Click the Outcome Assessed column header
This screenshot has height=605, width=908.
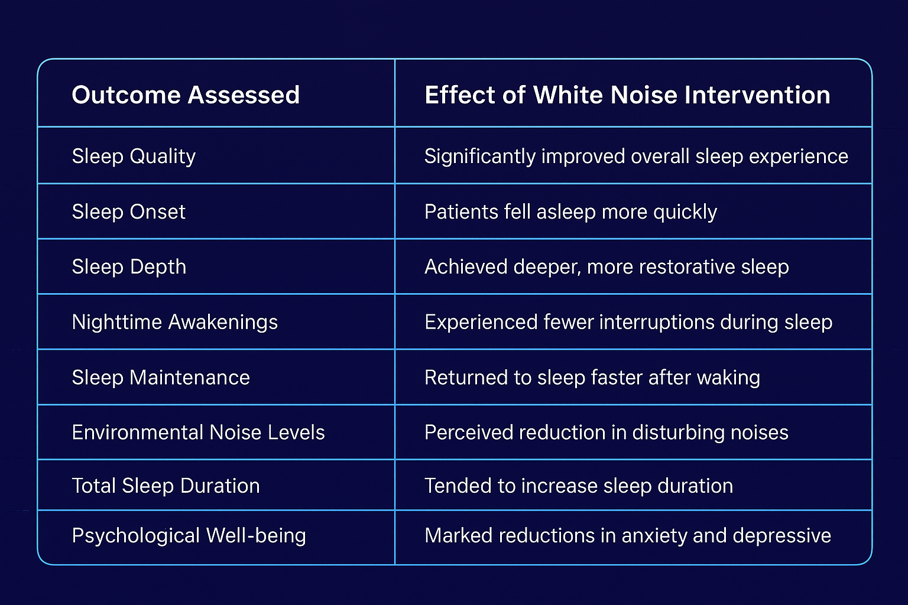186,95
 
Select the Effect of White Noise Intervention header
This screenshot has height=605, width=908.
627,95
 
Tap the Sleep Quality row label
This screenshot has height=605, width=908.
134,156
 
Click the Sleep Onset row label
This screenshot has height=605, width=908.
129,212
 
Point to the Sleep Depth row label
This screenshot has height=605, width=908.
129,266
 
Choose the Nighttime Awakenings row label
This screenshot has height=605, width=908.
175,322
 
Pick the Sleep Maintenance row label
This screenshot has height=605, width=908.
161,378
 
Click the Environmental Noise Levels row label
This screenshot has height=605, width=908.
198,432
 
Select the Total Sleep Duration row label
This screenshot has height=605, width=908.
166,486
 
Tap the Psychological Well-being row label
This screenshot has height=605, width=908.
189,535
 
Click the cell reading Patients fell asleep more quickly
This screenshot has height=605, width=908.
570,212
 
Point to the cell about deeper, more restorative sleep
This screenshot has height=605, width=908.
607,266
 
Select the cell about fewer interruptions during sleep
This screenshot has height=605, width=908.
628,322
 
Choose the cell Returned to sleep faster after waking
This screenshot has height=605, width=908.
592,378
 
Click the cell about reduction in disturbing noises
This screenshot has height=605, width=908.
607,432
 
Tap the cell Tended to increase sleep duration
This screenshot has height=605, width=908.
579,486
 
